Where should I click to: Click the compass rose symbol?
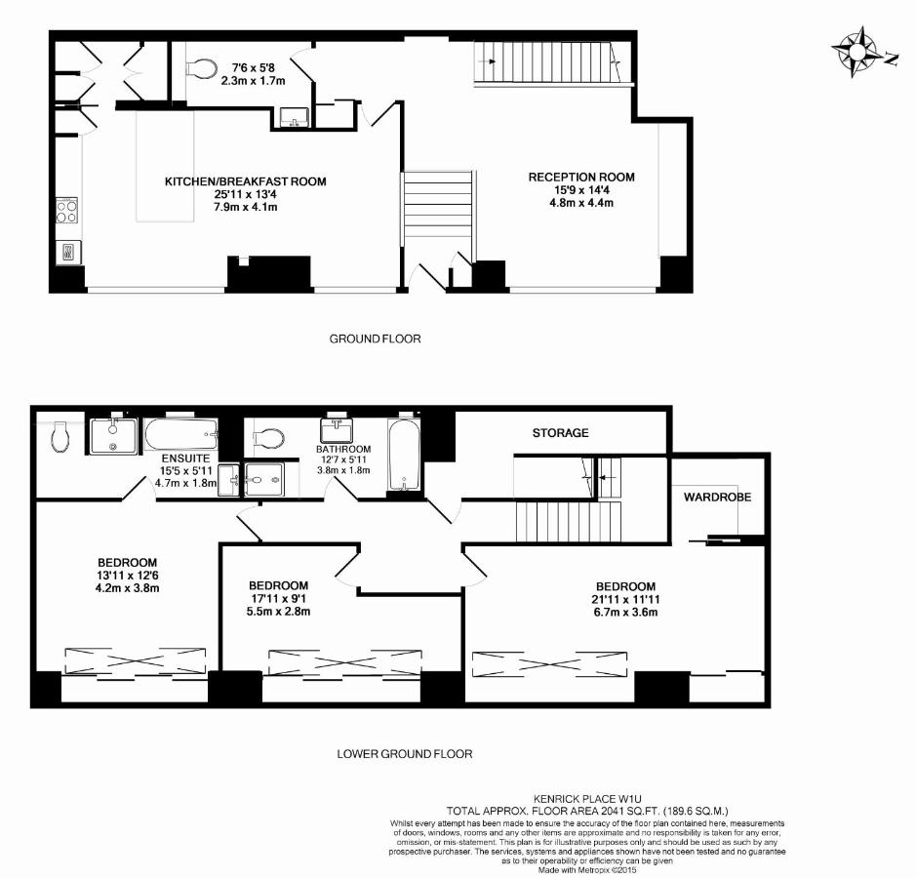(x=857, y=52)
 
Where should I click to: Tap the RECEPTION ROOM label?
(x=581, y=177)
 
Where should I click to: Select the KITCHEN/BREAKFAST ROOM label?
(x=246, y=181)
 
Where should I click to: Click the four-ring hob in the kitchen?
(x=67, y=211)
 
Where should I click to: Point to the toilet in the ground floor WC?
(x=200, y=68)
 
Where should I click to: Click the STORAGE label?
(x=560, y=433)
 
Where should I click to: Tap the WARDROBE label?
(x=717, y=498)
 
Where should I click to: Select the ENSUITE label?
(x=185, y=459)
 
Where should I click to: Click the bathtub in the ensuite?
(x=181, y=434)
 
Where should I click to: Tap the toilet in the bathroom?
(x=268, y=438)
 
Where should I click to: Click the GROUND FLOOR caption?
(x=375, y=339)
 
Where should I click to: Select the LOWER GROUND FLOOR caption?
(x=405, y=754)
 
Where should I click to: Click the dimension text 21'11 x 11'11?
(x=625, y=599)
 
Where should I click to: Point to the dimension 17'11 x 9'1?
(x=279, y=599)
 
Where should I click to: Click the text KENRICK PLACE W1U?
(x=587, y=799)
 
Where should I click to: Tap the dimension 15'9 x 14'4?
(x=581, y=190)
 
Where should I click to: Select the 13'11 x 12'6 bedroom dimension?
(x=128, y=576)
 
